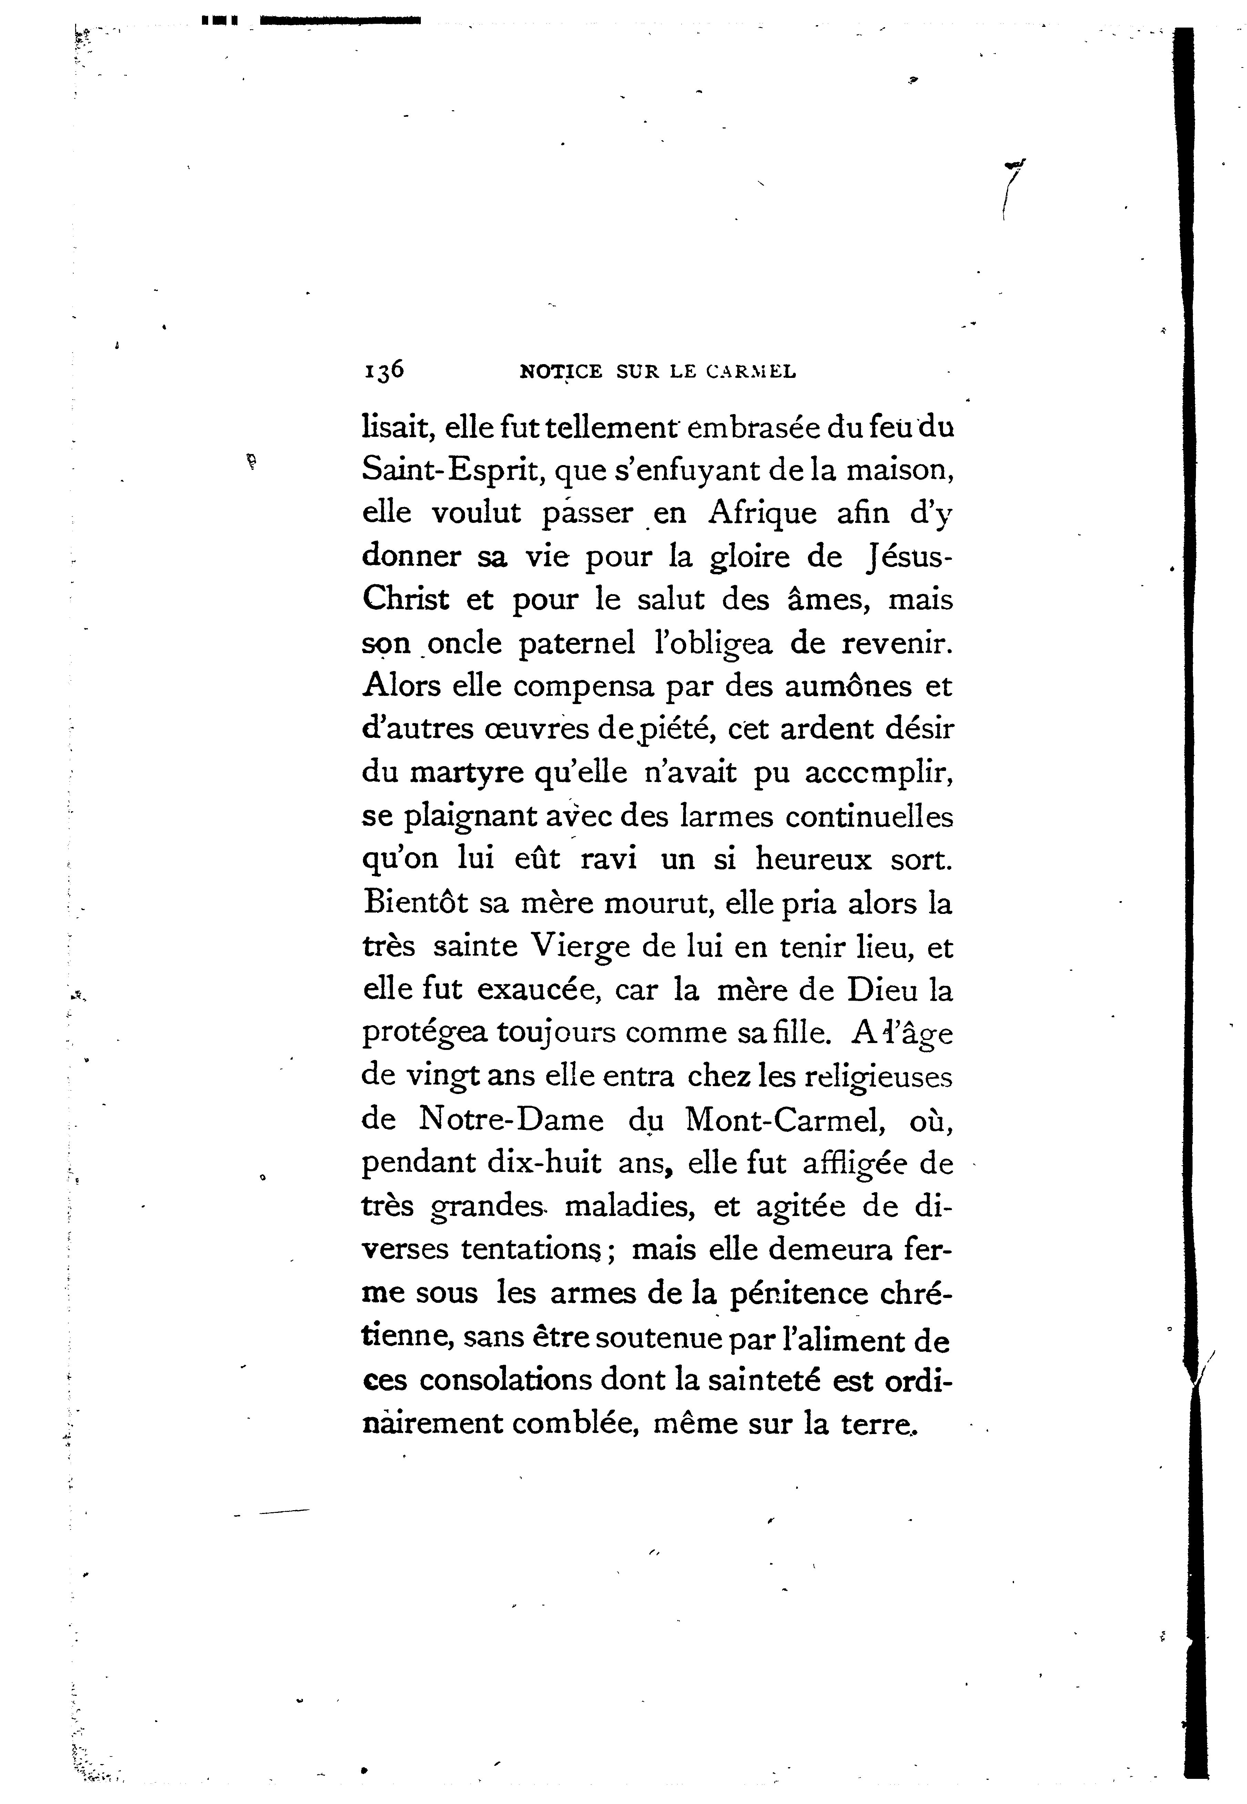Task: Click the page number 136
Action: coord(383,370)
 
